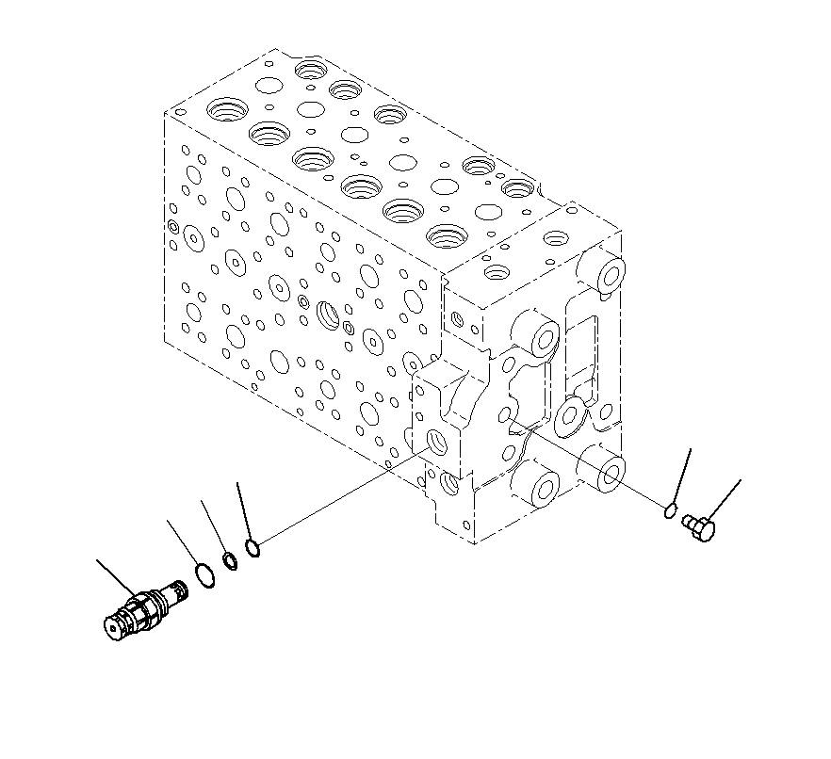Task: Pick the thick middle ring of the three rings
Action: [x=230, y=562]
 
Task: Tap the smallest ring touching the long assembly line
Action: [x=252, y=546]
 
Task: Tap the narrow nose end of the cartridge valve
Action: [x=176, y=592]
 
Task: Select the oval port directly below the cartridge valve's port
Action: [x=450, y=485]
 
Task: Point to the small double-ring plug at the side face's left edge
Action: [x=171, y=226]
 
